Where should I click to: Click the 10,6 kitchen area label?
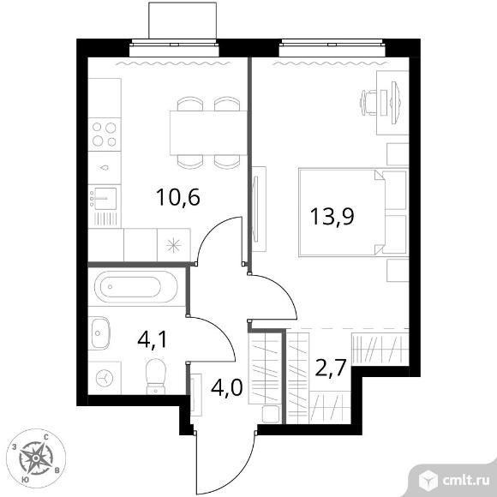point(178,197)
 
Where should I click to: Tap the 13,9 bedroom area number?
point(332,217)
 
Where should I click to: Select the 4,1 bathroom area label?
point(153,340)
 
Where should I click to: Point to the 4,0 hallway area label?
point(227,387)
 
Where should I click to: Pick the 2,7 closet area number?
point(330,367)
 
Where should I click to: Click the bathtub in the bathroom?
point(136,287)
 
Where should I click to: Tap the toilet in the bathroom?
point(156,376)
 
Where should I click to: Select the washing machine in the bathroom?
point(105,378)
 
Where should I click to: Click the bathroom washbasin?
point(99,332)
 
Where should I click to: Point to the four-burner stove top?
point(105,135)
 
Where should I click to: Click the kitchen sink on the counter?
point(105,199)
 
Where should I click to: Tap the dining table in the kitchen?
point(208,133)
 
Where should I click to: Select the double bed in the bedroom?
point(353,213)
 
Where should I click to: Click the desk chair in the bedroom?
point(368,103)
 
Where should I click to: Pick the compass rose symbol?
point(36,458)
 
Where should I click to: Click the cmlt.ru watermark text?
point(465,481)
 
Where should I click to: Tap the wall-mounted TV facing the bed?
point(256,209)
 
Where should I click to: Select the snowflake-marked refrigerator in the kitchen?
point(174,245)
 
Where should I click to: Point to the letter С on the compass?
point(46,438)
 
